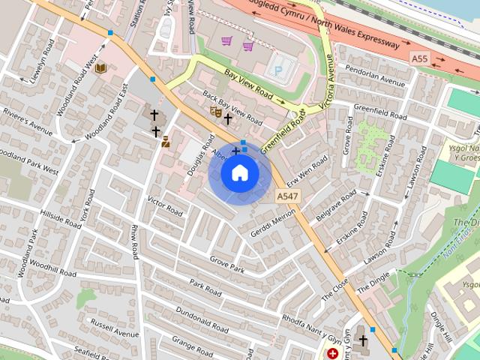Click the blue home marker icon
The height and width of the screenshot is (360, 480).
[x=239, y=173]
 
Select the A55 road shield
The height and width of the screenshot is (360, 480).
[x=420, y=58]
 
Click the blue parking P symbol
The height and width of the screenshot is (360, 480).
[x=279, y=70]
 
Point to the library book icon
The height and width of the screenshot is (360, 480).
[x=100, y=68]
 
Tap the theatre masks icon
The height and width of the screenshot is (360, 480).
[x=215, y=112]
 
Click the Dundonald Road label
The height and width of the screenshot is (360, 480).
[x=201, y=319]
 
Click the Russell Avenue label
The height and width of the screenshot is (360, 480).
[x=115, y=328]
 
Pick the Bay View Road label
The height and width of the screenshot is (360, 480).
[x=249, y=85]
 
